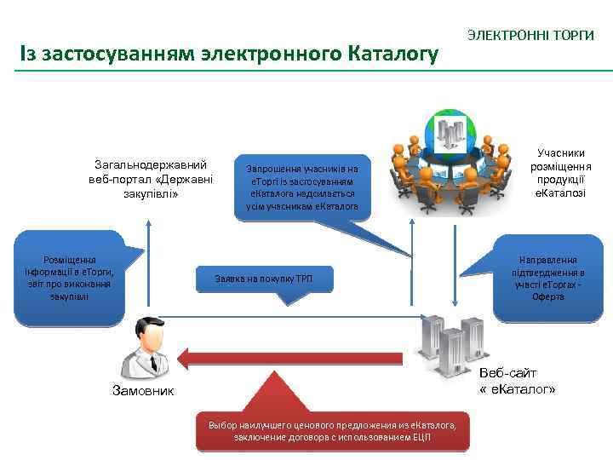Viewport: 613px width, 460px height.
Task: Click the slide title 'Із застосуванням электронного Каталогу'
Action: (229, 55)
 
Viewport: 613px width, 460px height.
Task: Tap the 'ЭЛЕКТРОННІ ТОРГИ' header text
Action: (530, 36)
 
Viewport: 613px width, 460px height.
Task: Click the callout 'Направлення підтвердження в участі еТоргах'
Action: (547, 278)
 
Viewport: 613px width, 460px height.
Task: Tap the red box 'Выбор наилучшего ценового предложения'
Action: (332, 431)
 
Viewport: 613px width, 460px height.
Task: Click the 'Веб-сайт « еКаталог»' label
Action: (517, 381)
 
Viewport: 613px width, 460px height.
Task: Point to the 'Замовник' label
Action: (142, 391)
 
